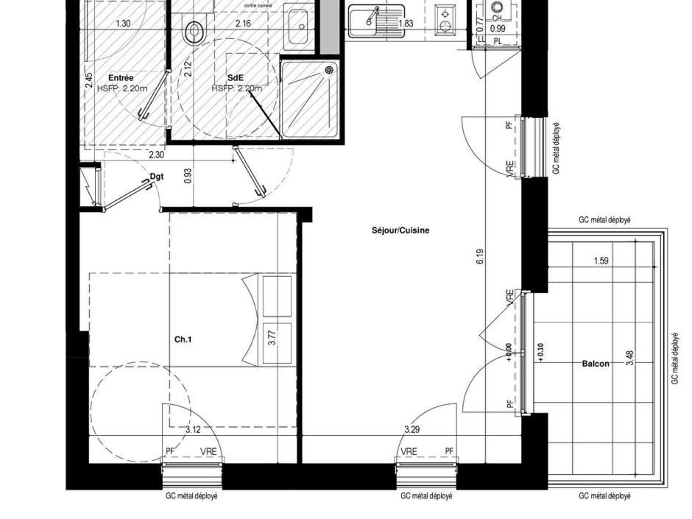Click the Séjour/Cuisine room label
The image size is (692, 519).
[400, 230]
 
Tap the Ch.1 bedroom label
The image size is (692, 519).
[183, 340]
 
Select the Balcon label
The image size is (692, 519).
[595, 364]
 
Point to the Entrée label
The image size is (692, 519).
[121, 77]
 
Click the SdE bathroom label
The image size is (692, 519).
[236, 77]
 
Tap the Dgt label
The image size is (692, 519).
[156, 177]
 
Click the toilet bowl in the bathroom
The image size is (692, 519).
[195, 32]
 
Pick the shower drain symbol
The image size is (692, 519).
[329, 70]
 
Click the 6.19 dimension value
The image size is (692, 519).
[480, 257]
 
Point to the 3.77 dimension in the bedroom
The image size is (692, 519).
[272, 339]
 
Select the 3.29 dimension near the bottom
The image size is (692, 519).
[412, 429]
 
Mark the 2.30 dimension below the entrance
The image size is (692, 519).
[156, 155]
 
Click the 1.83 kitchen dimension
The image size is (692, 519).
[406, 24]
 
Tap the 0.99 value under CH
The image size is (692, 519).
[498, 28]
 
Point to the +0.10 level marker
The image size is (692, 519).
[541, 353]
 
